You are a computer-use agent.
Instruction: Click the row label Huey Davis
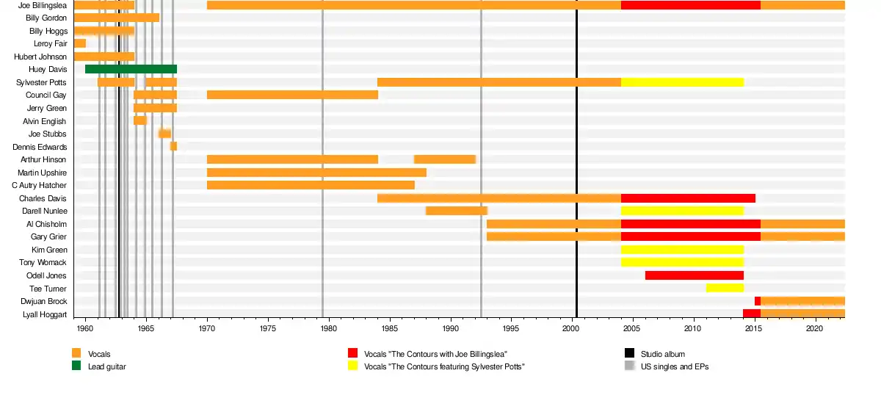coord(48,70)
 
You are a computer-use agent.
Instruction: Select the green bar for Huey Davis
coord(131,69)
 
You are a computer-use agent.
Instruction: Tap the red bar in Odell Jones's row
coord(694,275)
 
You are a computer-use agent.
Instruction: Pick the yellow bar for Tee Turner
coord(725,288)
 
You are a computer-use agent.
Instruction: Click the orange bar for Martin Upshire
coord(316,173)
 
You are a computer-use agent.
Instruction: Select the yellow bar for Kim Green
coord(682,250)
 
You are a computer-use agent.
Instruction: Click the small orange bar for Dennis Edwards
coord(173,146)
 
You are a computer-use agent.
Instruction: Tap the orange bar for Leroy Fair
coord(79,43)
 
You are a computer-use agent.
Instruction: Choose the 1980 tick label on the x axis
coord(328,331)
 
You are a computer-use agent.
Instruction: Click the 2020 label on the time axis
coord(814,331)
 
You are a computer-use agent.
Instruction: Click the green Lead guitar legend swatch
coord(76,366)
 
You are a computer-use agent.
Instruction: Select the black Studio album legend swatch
coord(629,354)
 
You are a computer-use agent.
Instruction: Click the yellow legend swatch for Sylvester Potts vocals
coord(352,366)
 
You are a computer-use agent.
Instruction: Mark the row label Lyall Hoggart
coord(45,314)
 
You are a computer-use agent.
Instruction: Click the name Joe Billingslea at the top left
coord(42,5)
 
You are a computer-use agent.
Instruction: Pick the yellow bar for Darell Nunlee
coord(682,211)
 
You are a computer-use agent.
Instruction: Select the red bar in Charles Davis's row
coord(688,198)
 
